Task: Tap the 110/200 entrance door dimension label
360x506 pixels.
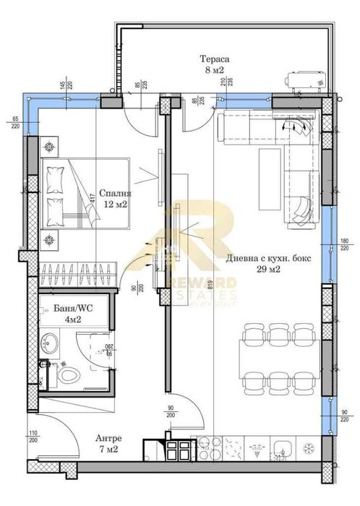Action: (33, 438)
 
